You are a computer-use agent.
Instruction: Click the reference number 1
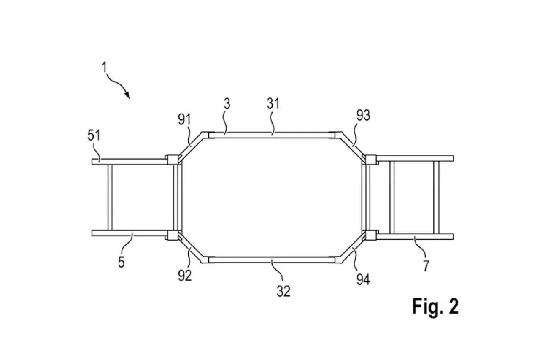pos(104,68)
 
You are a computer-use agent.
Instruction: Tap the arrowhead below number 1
pos(127,95)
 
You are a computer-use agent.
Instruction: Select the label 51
pos(94,135)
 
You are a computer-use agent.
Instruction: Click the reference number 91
pos(184,119)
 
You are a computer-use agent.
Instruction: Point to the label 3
pos(227,104)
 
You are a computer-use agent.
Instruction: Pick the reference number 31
pos(273,104)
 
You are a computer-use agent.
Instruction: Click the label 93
pos(363,115)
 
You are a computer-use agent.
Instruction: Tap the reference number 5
pos(121,263)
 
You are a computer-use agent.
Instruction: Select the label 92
pos(185,276)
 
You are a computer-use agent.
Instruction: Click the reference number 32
pos(283,291)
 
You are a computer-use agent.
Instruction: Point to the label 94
pos(363,280)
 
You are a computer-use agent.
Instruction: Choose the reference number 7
pos(426,266)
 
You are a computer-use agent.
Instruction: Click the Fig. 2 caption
pos(435,306)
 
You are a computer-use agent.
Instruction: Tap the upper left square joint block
pos(173,160)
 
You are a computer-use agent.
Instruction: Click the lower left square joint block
pos(173,235)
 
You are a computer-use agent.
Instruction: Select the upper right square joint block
pos(371,160)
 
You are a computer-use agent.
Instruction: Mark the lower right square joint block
pos(371,235)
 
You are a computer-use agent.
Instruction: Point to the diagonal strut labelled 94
pos(352,248)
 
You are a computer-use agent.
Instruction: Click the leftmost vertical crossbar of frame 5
pos(110,198)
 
